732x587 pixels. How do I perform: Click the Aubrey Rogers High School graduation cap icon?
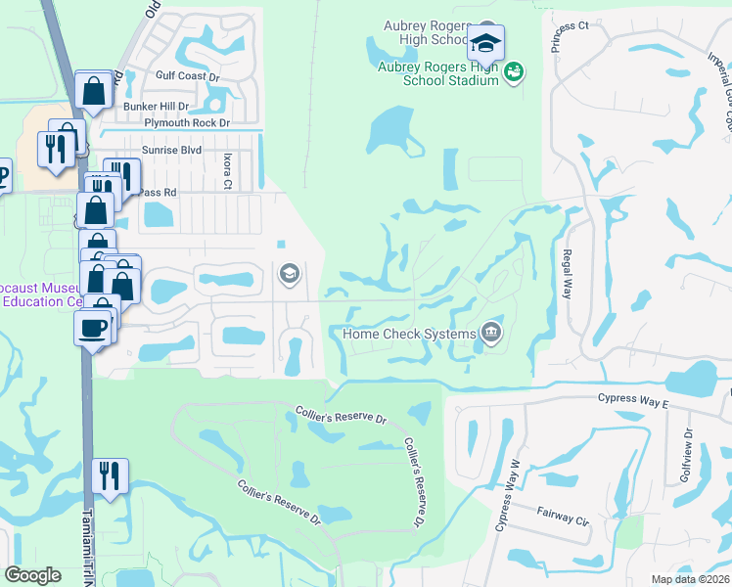[485, 43]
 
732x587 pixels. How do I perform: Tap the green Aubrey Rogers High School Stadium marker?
[513, 70]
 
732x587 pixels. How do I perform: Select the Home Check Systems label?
[408, 334]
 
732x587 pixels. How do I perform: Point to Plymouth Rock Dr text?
[186, 123]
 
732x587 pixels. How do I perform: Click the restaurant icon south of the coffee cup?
[110, 476]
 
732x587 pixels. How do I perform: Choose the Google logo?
[32, 575]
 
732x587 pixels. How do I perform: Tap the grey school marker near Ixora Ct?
[289, 273]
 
